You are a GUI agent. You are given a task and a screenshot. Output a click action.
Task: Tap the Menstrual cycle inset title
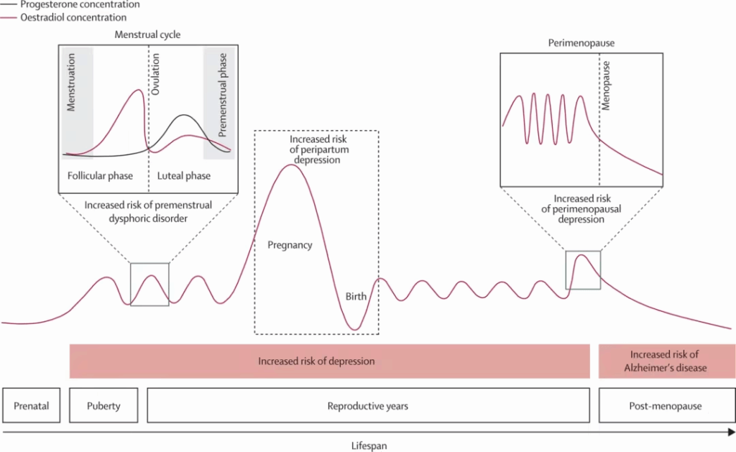pyautogui.click(x=147, y=34)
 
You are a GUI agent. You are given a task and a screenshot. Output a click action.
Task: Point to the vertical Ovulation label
pyautogui.click(x=155, y=74)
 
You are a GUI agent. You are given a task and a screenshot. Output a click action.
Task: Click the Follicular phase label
pyautogui.click(x=100, y=176)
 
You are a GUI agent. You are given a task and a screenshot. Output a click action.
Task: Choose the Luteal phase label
pyautogui.click(x=183, y=176)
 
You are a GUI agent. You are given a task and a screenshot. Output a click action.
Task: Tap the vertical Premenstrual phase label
pyautogui.click(x=223, y=95)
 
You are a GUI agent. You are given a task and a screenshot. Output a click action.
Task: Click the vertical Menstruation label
pyautogui.click(x=71, y=82)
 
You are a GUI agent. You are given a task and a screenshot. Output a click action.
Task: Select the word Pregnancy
pyautogui.click(x=290, y=245)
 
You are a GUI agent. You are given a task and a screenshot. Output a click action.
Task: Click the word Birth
pyautogui.click(x=356, y=297)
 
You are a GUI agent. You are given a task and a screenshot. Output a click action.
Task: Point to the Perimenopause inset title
pyautogui.click(x=581, y=43)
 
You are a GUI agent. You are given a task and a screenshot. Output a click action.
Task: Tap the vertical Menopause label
pyautogui.click(x=605, y=86)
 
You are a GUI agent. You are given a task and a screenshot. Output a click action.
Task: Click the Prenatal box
pyautogui.click(x=32, y=405)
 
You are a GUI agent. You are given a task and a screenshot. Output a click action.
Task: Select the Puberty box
pyautogui.click(x=103, y=405)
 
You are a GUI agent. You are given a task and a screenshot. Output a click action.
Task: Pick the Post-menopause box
pyautogui.click(x=667, y=405)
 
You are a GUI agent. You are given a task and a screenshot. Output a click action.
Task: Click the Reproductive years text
pyautogui.click(x=368, y=406)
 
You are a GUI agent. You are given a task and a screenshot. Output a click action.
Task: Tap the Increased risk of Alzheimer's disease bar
pyautogui.click(x=667, y=361)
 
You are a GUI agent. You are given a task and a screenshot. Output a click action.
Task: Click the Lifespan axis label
pyautogui.click(x=369, y=446)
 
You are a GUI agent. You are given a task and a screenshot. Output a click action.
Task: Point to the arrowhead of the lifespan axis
pyautogui.click(x=732, y=432)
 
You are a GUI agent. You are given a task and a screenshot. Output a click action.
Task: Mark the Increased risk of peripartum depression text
pyautogui.click(x=318, y=149)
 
